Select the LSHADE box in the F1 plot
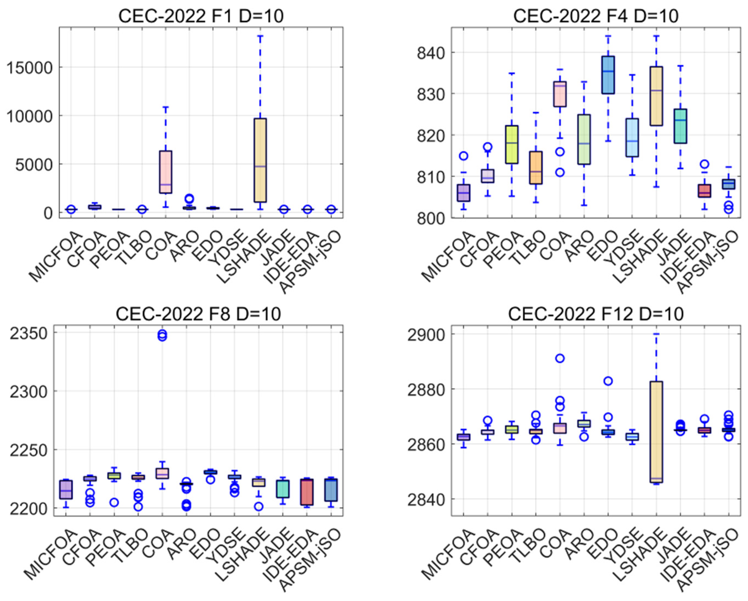pyautogui.click(x=260, y=160)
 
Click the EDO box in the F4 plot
pyautogui.click(x=608, y=75)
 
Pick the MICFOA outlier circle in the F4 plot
pyautogui.click(x=464, y=156)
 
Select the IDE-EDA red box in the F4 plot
pyautogui.click(x=704, y=191)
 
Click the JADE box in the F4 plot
pyautogui.click(x=680, y=126)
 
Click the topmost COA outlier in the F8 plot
pyautogui.click(x=162, y=334)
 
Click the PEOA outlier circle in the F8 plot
pyautogui.click(x=114, y=502)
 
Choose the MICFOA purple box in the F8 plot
pyautogui.click(x=66, y=489)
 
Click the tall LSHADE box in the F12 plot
pyautogui.click(x=656, y=432)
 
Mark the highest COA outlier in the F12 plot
pyautogui.click(x=560, y=358)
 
